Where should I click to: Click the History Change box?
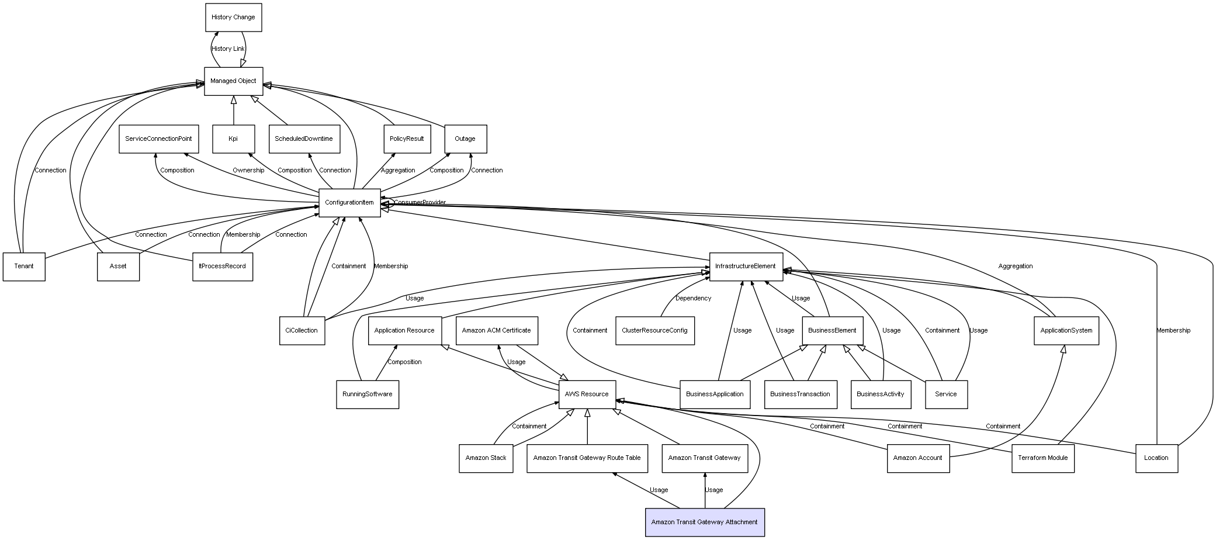click(x=234, y=18)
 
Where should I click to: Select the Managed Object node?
click(x=234, y=81)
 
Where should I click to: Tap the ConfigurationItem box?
click(x=349, y=203)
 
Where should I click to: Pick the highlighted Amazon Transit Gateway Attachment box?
click(x=705, y=522)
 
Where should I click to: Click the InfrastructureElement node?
click(x=746, y=266)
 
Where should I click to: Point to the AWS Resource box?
click(x=587, y=394)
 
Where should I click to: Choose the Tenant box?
click(x=24, y=266)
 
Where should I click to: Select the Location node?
click(x=1156, y=458)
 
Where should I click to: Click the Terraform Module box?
click(x=1043, y=458)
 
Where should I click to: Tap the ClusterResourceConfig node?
click(x=655, y=331)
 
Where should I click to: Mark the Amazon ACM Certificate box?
click(x=497, y=331)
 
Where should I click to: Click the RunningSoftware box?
click(x=368, y=394)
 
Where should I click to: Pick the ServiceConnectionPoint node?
click(x=159, y=139)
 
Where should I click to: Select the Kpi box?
click(x=233, y=139)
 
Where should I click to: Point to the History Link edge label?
click(x=228, y=49)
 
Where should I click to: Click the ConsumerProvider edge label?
click(x=420, y=203)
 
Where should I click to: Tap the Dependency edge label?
click(x=694, y=299)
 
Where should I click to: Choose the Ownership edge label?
click(x=248, y=171)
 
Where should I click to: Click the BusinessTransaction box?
click(x=800, y=394)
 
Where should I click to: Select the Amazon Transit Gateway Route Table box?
click(x=587, y=458)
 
